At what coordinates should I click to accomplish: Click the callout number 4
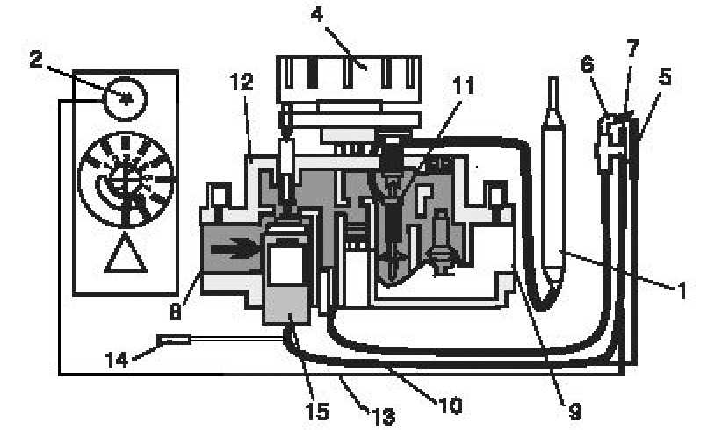click(x=317, y=15)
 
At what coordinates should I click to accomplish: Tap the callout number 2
click(x=35, y=60)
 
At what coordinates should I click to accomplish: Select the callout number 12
click(x=242, y=82)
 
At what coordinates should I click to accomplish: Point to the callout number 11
click(x=463, y=85)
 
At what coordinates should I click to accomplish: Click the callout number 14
click(x=117, y=359)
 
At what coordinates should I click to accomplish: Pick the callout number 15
click(x=317, y=412)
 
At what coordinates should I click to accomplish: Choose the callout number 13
click(x=384, y=417)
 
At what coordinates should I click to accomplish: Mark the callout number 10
click(x=451, y=405)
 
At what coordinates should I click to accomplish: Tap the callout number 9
click(x=575, y=412)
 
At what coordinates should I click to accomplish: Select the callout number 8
click(x=176, y=312)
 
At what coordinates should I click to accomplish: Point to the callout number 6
click(x=588, y=64)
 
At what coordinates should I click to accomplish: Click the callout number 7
click(x=633, y=49)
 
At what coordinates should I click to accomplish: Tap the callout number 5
click(x=664, y=76)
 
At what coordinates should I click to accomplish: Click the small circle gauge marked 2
click(x=124, y=99)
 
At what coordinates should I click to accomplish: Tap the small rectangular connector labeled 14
click(x=174, y=340)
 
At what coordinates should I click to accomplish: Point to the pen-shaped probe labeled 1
click(x=553, y=184)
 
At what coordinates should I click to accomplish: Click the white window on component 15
click(x=285, y=266)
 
